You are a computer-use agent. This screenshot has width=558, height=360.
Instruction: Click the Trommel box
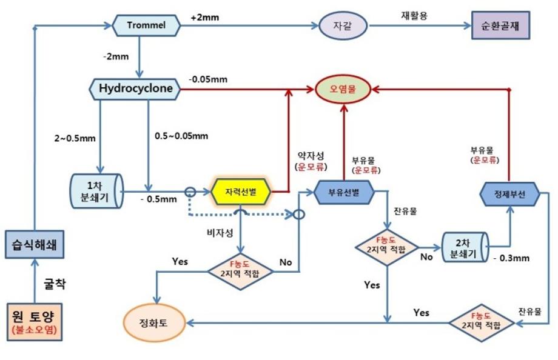[x=146, y=25]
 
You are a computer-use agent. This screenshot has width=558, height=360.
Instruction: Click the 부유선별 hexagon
[x=344, y=192]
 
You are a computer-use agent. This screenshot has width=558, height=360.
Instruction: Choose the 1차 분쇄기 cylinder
[x=97, y=192]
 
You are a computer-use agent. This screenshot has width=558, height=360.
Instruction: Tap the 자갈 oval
[x=343, y=26]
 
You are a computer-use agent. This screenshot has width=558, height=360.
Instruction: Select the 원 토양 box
[x=36, y=321]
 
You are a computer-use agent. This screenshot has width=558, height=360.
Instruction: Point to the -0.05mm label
[x=207, y=79]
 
